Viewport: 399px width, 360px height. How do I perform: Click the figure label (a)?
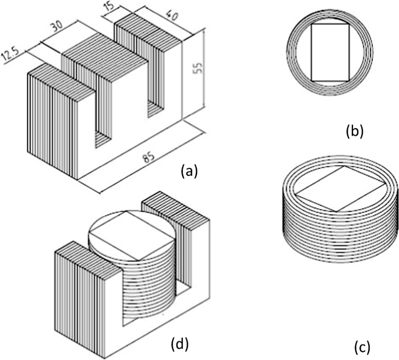[190, 170]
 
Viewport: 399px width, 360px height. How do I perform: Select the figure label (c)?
[362, 348]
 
